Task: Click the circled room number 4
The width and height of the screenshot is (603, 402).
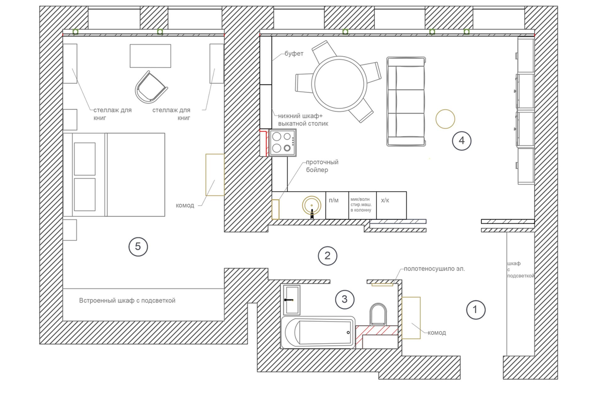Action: (x=461, y=141)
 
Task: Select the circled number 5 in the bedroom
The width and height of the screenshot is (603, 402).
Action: (x=138, y=246)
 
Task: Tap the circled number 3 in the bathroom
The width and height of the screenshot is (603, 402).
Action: (x=345, y=299)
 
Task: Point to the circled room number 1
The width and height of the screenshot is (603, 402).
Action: (x=476, y=310)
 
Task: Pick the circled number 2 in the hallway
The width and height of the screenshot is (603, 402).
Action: (x=327, y=256)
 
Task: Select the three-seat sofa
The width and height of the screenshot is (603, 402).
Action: (x=406, y=102)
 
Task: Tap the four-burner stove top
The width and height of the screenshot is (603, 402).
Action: (x=282, y=143)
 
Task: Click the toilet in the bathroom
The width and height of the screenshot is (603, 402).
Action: (x=378, y=314)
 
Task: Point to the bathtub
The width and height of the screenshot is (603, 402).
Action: (x=318, y=332)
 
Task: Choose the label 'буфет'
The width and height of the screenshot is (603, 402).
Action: (x=294, y=54)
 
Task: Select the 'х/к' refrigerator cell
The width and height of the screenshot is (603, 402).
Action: (x=391, y=205)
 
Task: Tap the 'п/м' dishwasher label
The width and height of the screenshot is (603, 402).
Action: (x=334, y=200)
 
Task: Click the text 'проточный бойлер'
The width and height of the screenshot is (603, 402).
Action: (x=322, y=166)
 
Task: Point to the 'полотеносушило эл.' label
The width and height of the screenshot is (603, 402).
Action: (x=434, y=269)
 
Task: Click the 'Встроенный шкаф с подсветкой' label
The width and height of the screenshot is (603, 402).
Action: (x=127, y=300)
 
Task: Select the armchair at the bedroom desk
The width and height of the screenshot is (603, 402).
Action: (x=151, y=87)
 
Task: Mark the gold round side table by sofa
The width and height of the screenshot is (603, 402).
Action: (x=445, y=119)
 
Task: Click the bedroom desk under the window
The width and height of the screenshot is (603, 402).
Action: (x=150, y=56)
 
